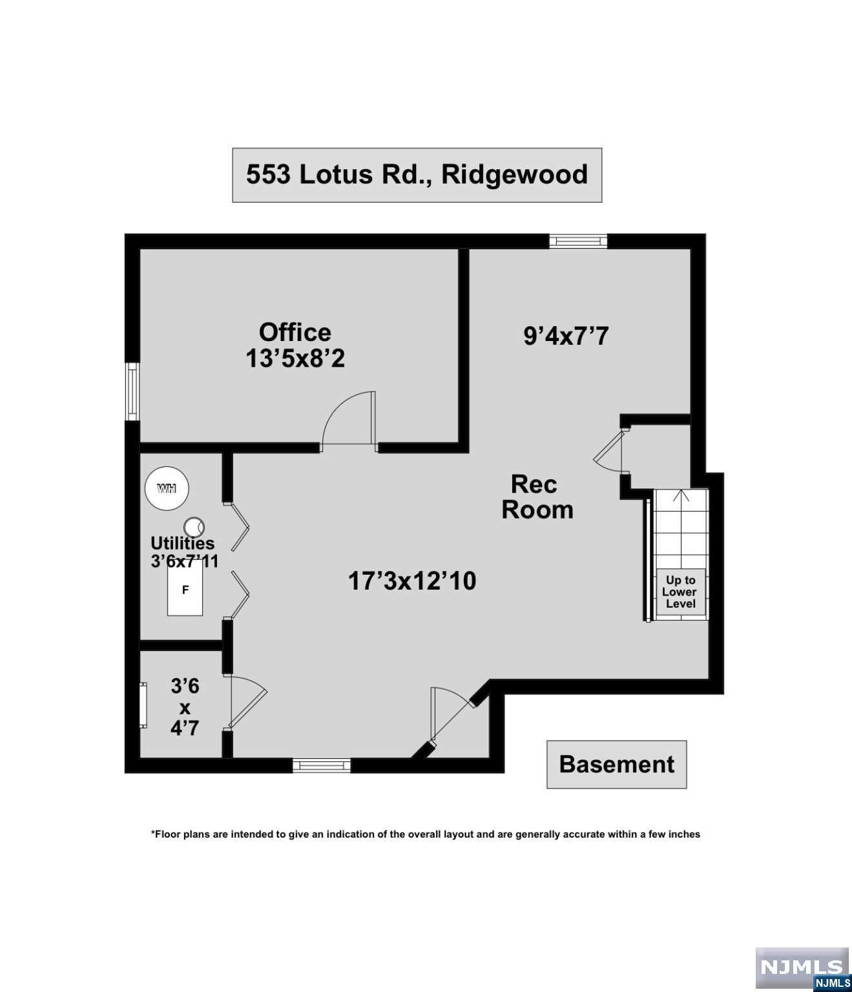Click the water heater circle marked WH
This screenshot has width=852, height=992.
(167, 488)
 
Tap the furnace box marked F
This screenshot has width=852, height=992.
(185, 590)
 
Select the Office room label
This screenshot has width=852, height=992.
(295, 332)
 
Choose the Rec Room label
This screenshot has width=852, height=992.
(537, 497)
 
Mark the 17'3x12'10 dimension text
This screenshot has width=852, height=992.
(412, 581)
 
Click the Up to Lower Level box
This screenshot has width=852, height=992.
(681, 592)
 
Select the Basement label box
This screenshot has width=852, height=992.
(617, 764)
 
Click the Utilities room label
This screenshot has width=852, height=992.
(182, 543)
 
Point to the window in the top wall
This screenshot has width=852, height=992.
(578, 241)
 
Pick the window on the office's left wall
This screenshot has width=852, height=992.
(132, 391)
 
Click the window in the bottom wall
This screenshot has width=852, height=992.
(322, 765)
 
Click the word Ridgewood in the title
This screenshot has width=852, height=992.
(515, 175)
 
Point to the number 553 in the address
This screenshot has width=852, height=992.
(268, 174)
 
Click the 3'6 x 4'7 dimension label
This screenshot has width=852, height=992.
(185, 708)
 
